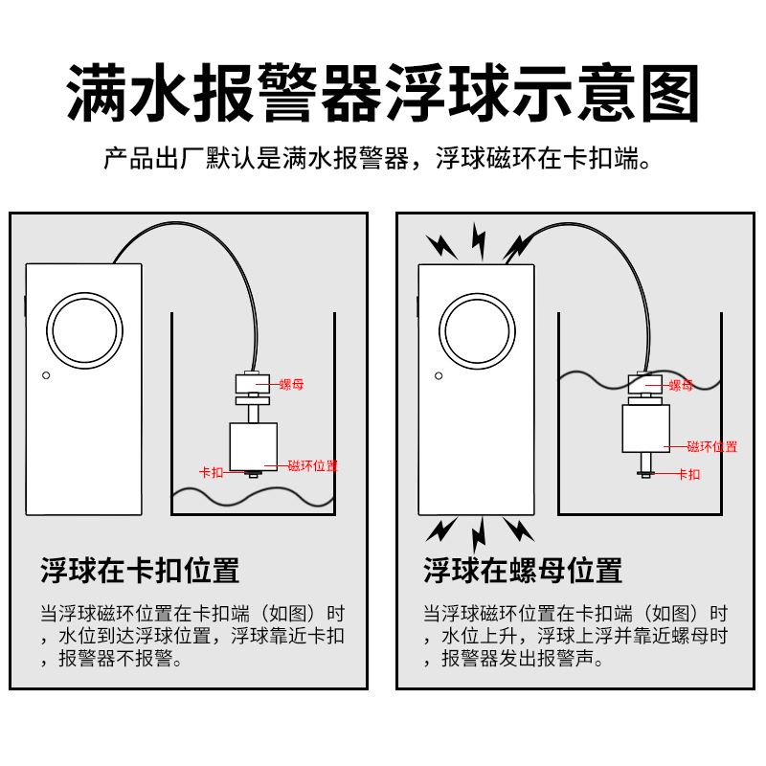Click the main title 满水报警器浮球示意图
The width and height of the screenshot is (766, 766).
click(x=383, y=93)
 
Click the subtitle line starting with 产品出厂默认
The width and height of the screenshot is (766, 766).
click(x=383, y=158)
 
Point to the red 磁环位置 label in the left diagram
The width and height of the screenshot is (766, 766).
click(x=312, y=465)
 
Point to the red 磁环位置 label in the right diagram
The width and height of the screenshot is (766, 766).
click(x=712, y=446)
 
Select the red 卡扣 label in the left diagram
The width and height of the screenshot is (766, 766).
click(x=211, y=472)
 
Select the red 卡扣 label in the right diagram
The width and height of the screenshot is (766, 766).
click(x=688, y=473)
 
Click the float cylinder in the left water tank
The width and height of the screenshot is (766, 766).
click(x=253, y=446)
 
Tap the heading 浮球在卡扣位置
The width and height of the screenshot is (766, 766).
click(x=140, y=571)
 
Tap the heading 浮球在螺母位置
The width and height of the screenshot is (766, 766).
click(x=523, y=571)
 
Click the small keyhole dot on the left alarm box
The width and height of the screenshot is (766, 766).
click(x=44, y=375)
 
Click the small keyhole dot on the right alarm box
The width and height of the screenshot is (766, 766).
click(x=436, y=374)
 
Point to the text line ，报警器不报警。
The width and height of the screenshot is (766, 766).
click(x=110, y=660)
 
